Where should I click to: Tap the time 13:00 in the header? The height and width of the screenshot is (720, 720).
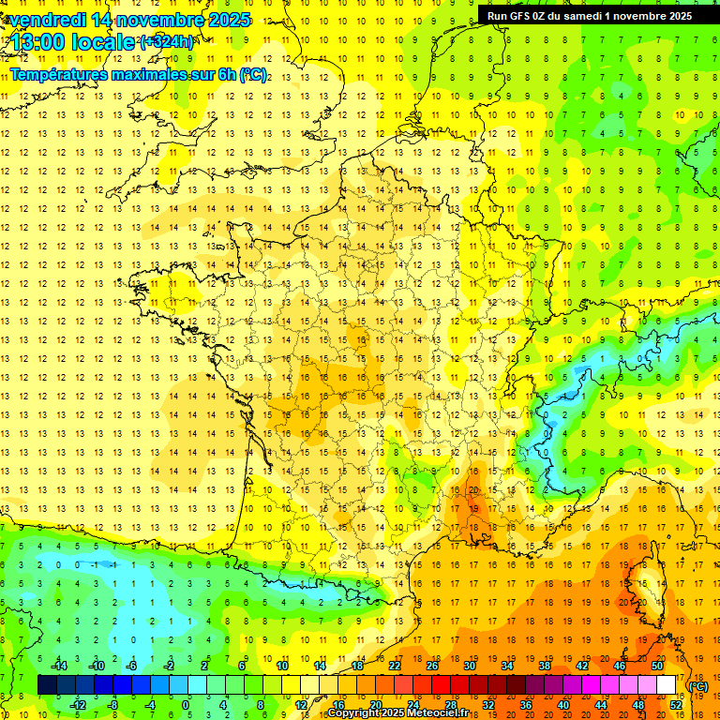pos(37,42)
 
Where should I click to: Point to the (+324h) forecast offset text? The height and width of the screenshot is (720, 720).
pos(167,42)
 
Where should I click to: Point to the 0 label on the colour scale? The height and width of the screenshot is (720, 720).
pos(186,705)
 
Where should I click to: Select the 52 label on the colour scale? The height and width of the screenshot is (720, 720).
pos(675,705)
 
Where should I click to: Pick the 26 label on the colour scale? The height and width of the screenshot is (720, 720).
pos(432,666)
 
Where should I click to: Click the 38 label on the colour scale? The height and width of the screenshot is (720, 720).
pos(545,666)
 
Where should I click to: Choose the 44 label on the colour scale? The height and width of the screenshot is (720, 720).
pos(600,705)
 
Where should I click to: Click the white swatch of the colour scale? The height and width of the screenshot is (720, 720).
pos(666,685)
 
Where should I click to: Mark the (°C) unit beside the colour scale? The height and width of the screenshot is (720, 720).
pos(697,686)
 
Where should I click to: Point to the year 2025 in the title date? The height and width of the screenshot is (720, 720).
pos(228,20)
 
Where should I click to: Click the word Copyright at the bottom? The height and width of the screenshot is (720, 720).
pos(352,713)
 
